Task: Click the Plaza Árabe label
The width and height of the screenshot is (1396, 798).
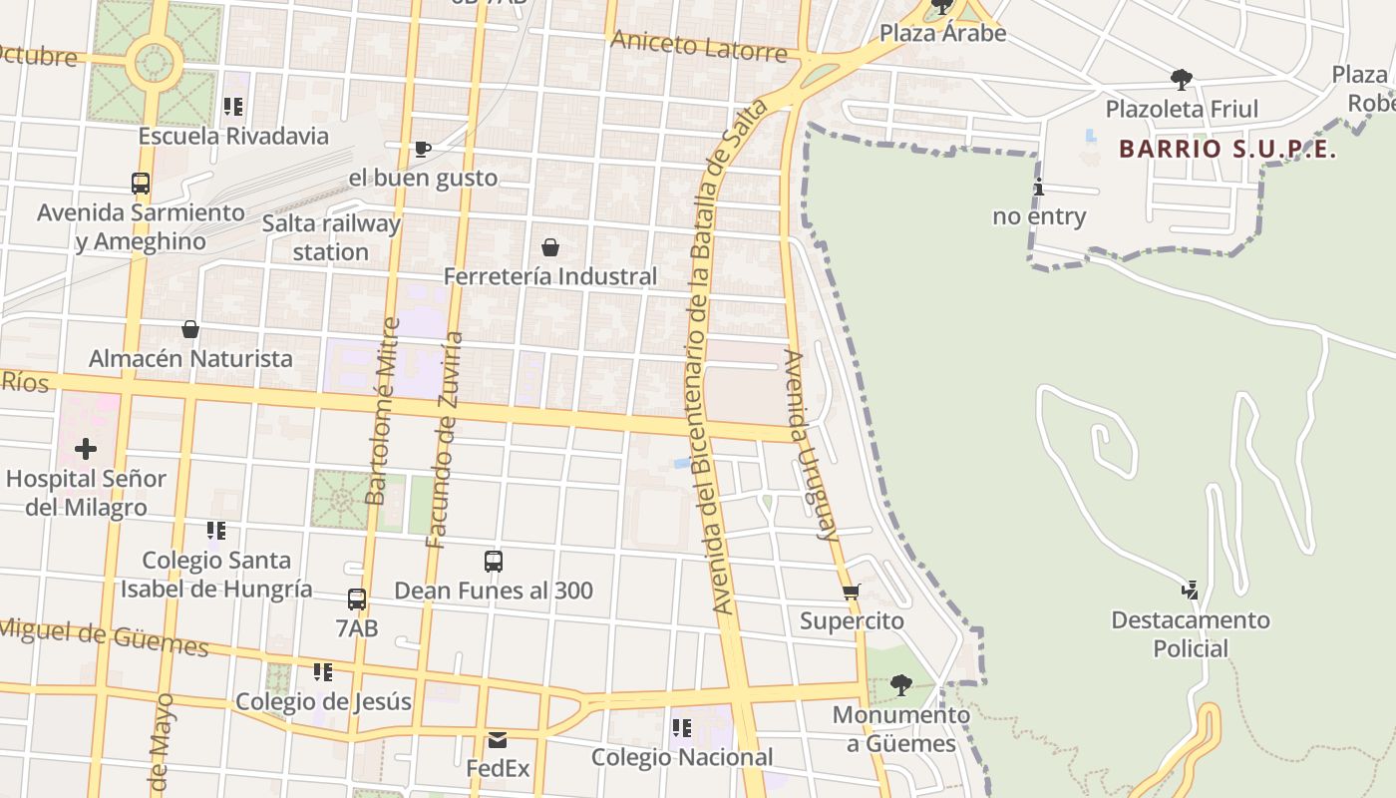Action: [x=942, y=33]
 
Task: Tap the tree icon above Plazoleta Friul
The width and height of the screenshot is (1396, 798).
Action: [x=1182, y=79]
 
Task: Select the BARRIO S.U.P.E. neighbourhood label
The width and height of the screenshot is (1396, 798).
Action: [x=1227, y=150]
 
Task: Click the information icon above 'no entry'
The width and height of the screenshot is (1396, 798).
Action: [x=1039, y=187]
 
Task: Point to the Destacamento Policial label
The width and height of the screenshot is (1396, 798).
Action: [x=1191, y=634]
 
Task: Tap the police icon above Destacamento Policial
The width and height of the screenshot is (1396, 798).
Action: [x=1190, y=591]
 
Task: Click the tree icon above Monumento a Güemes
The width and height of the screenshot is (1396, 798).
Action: [x=900, y=685]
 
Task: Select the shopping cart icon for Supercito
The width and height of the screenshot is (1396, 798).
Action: [x=852, y=593]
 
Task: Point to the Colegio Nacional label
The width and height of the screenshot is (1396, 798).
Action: [x=682, y=757]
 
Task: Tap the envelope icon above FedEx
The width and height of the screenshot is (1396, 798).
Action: [x=498, y=740]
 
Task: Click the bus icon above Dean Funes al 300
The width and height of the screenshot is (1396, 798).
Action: [x=494, y=562]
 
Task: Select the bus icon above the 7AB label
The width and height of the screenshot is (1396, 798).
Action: [x=357, y=599]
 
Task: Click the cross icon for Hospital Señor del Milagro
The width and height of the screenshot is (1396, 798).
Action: [x=86, y=449]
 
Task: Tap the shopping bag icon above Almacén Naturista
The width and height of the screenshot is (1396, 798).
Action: [x=190, y=329]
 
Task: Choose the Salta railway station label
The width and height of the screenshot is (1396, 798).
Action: [x=331, y=237]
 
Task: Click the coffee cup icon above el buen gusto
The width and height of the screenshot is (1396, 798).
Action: [x=423, y=150]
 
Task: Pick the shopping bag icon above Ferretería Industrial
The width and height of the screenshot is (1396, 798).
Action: [x=550, y=247]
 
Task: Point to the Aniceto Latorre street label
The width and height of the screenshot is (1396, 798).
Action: [x=699, y=45]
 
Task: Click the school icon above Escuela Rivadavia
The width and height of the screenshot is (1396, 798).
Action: [x=233, y=107]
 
